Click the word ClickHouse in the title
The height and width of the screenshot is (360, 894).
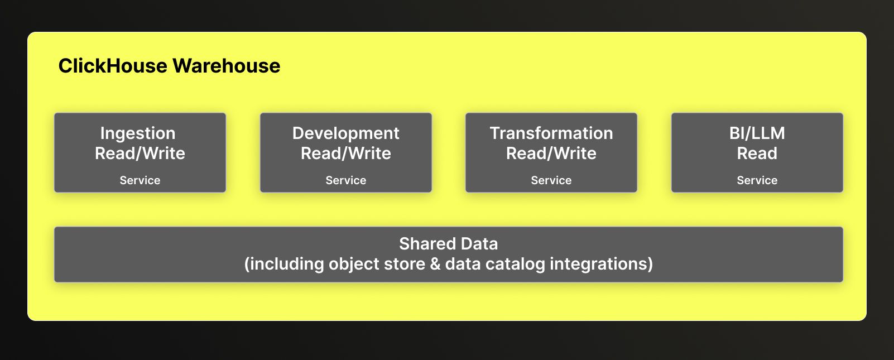coord(113,66)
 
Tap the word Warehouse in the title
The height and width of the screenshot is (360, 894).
coord(227,66)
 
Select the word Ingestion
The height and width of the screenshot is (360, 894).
coord(138,134)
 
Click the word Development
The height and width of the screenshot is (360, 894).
coord(346,133)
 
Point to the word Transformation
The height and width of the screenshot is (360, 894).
coord(551,133)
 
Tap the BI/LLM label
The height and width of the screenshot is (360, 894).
coord(757,133)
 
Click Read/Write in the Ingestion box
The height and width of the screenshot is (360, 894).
coord(140,153)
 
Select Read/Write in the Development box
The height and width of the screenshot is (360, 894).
coord(346,153)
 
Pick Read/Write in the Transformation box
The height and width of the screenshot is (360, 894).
coord(551,153)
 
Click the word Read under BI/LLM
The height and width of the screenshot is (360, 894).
coord(757,153)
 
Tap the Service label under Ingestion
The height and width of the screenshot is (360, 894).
coord(140,180)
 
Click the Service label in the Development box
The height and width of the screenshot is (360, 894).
coord(346,180)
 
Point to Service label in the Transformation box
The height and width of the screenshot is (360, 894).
coord(551,180)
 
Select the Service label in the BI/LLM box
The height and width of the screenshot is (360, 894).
coord(757,180)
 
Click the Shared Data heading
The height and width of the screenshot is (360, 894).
coord(449,244)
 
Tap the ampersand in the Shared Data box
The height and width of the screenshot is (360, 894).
coord(435,264)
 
